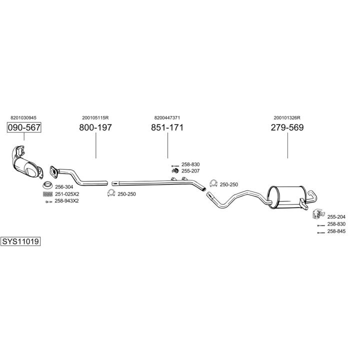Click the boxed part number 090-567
pos(23,127)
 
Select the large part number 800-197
pos(95,127)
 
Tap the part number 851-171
pos(167,127)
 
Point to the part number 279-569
pos(287,127)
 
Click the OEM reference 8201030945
pos(23,118)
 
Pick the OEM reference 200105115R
pos(95,118)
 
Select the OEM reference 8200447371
pos(167,118)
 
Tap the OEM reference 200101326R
pos(287,118)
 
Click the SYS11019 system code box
pos(20,241)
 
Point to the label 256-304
pos(63,187)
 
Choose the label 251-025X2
pos(66,194)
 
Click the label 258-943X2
pos(66,200)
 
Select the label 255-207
pos(190,171)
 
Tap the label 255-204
pos(336,216)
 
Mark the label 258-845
pos(336,231)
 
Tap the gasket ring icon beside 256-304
pos(47,187)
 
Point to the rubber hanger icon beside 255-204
pos(316,215)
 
